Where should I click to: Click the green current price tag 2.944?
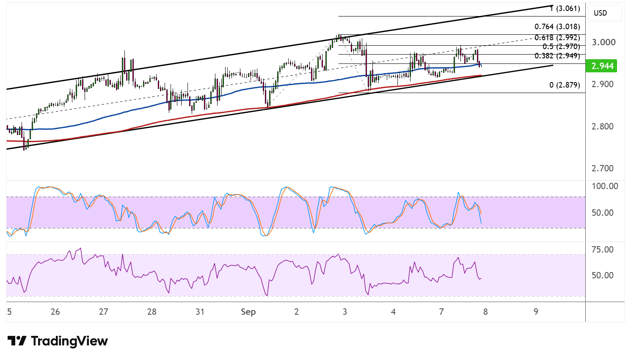pos(601,66)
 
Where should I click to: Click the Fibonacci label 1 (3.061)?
pos(565,8)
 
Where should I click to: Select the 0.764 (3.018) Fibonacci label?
pos(557,27)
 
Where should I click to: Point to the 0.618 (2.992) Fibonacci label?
pos(557,38)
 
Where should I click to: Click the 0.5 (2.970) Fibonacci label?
pos(562,47)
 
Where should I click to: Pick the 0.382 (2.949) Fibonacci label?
pos(557,56)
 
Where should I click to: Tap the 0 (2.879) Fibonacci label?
pos(565,85)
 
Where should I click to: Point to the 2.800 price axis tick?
pos(603,126)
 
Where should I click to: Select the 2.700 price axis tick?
pos(603,168)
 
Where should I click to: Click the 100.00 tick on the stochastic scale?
pos(605,186)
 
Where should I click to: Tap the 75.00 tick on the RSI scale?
pos(603,249)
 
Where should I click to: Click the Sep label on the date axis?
pos(248,311)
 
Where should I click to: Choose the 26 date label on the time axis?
pos(55,311)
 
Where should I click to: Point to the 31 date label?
pos(200,311)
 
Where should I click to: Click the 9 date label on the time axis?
pos(535,311)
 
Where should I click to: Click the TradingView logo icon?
pos(17,341)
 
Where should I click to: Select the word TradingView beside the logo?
pos(69,341)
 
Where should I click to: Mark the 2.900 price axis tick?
pos(603,84)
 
